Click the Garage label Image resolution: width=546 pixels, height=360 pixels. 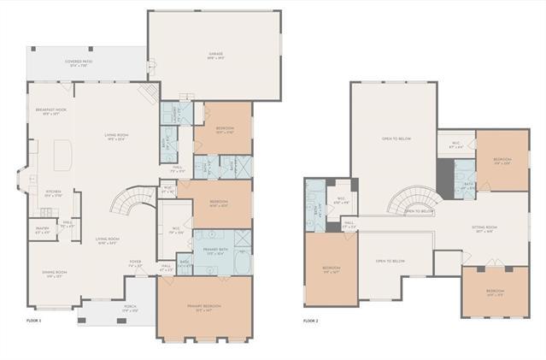[215, 54]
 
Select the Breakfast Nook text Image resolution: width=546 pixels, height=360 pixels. [50, 110]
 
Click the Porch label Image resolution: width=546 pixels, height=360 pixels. [130, 309]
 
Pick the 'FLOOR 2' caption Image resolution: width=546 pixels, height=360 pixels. [311, 321]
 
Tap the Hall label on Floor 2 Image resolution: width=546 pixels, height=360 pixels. [349, 226]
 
